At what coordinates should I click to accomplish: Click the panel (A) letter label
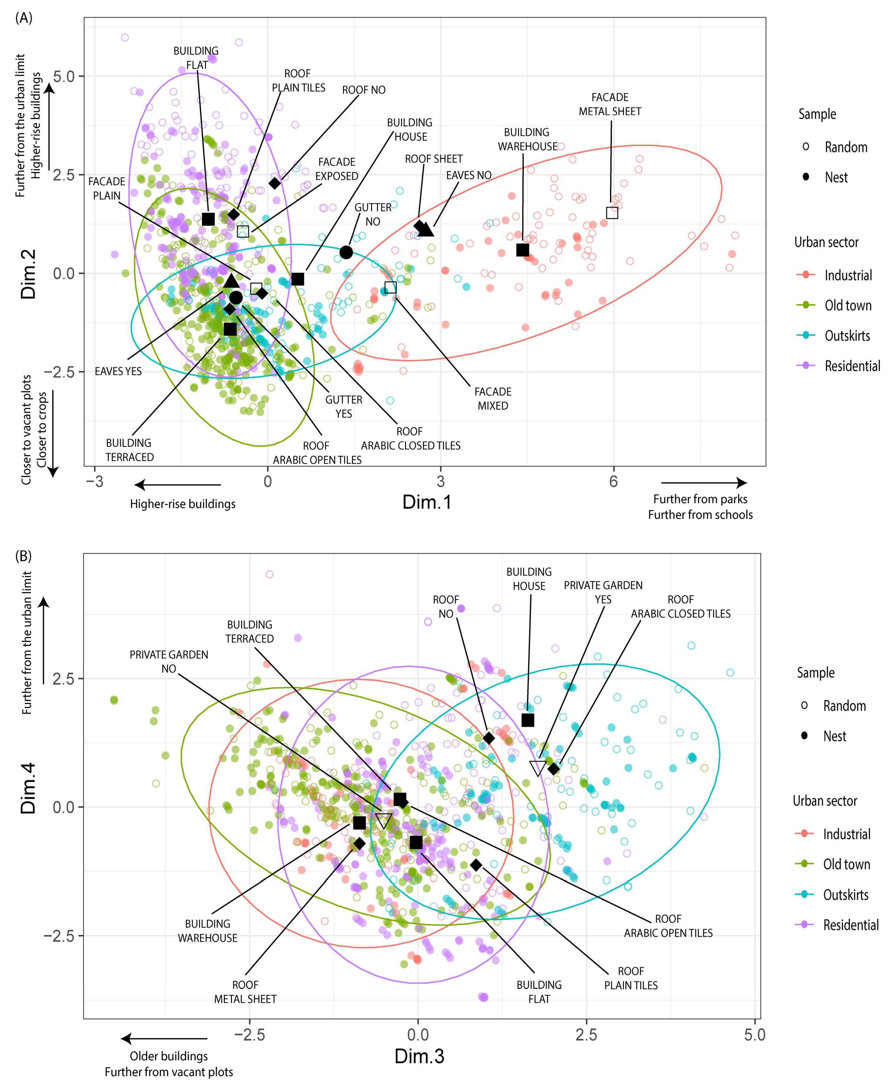coord(24,18)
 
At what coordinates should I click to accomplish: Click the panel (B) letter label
coord(24,556)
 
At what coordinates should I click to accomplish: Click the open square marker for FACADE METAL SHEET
coord(612,213)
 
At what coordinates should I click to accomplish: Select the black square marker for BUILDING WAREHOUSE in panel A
coord(522,250)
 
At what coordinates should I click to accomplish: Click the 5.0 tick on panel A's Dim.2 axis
coord(64,77)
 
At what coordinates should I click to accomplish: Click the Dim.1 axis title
coord(427,502)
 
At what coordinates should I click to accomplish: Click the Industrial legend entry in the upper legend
coord(848,275)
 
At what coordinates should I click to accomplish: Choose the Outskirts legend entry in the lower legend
coord(846,895)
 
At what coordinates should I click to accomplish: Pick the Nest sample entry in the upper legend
coord(836,177)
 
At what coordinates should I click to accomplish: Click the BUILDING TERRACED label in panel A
coord(130,450)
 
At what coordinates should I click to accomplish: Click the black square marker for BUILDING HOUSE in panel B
coord(527,720)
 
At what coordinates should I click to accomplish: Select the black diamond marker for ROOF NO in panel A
coord(275,183)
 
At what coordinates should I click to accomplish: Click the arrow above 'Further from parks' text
coord(704,482)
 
